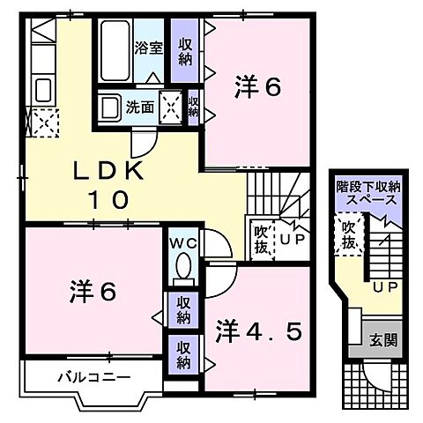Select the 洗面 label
click(139, 108)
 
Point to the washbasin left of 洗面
click(110, 108)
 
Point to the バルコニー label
click(94, 377)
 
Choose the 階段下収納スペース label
click(368, 194)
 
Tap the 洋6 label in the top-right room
click(257, 88)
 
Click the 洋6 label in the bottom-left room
click(91, 291)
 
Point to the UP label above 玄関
click(382, 287)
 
